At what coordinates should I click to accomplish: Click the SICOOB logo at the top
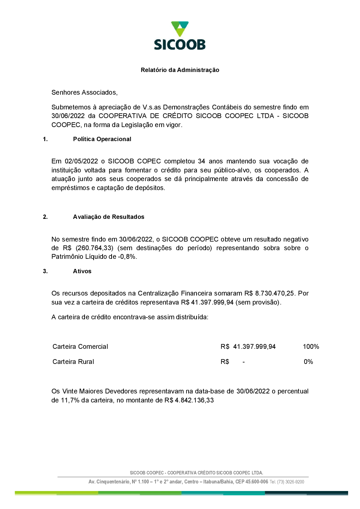coord(180,36)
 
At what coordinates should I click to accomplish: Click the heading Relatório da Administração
coord(180,70)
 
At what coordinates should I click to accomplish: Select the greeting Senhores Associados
coord(84,93)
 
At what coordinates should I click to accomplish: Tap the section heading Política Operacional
coord(102,139)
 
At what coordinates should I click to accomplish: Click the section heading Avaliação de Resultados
coord(108,217)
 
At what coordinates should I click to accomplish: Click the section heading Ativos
coord(82,271)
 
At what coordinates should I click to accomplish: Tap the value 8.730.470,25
coord(275,293)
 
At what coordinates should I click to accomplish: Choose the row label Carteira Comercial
coord(80,347)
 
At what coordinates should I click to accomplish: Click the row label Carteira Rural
coord(73,362)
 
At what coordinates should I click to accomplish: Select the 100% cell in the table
coord(311,347)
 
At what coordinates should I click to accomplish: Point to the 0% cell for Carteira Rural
coord(308,362)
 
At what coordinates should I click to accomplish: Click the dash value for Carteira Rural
coord(244,362)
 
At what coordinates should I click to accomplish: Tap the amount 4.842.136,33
coord(194,400)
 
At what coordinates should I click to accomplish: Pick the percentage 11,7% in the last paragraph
coord(70,400)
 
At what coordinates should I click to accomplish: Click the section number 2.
coord(45,217)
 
